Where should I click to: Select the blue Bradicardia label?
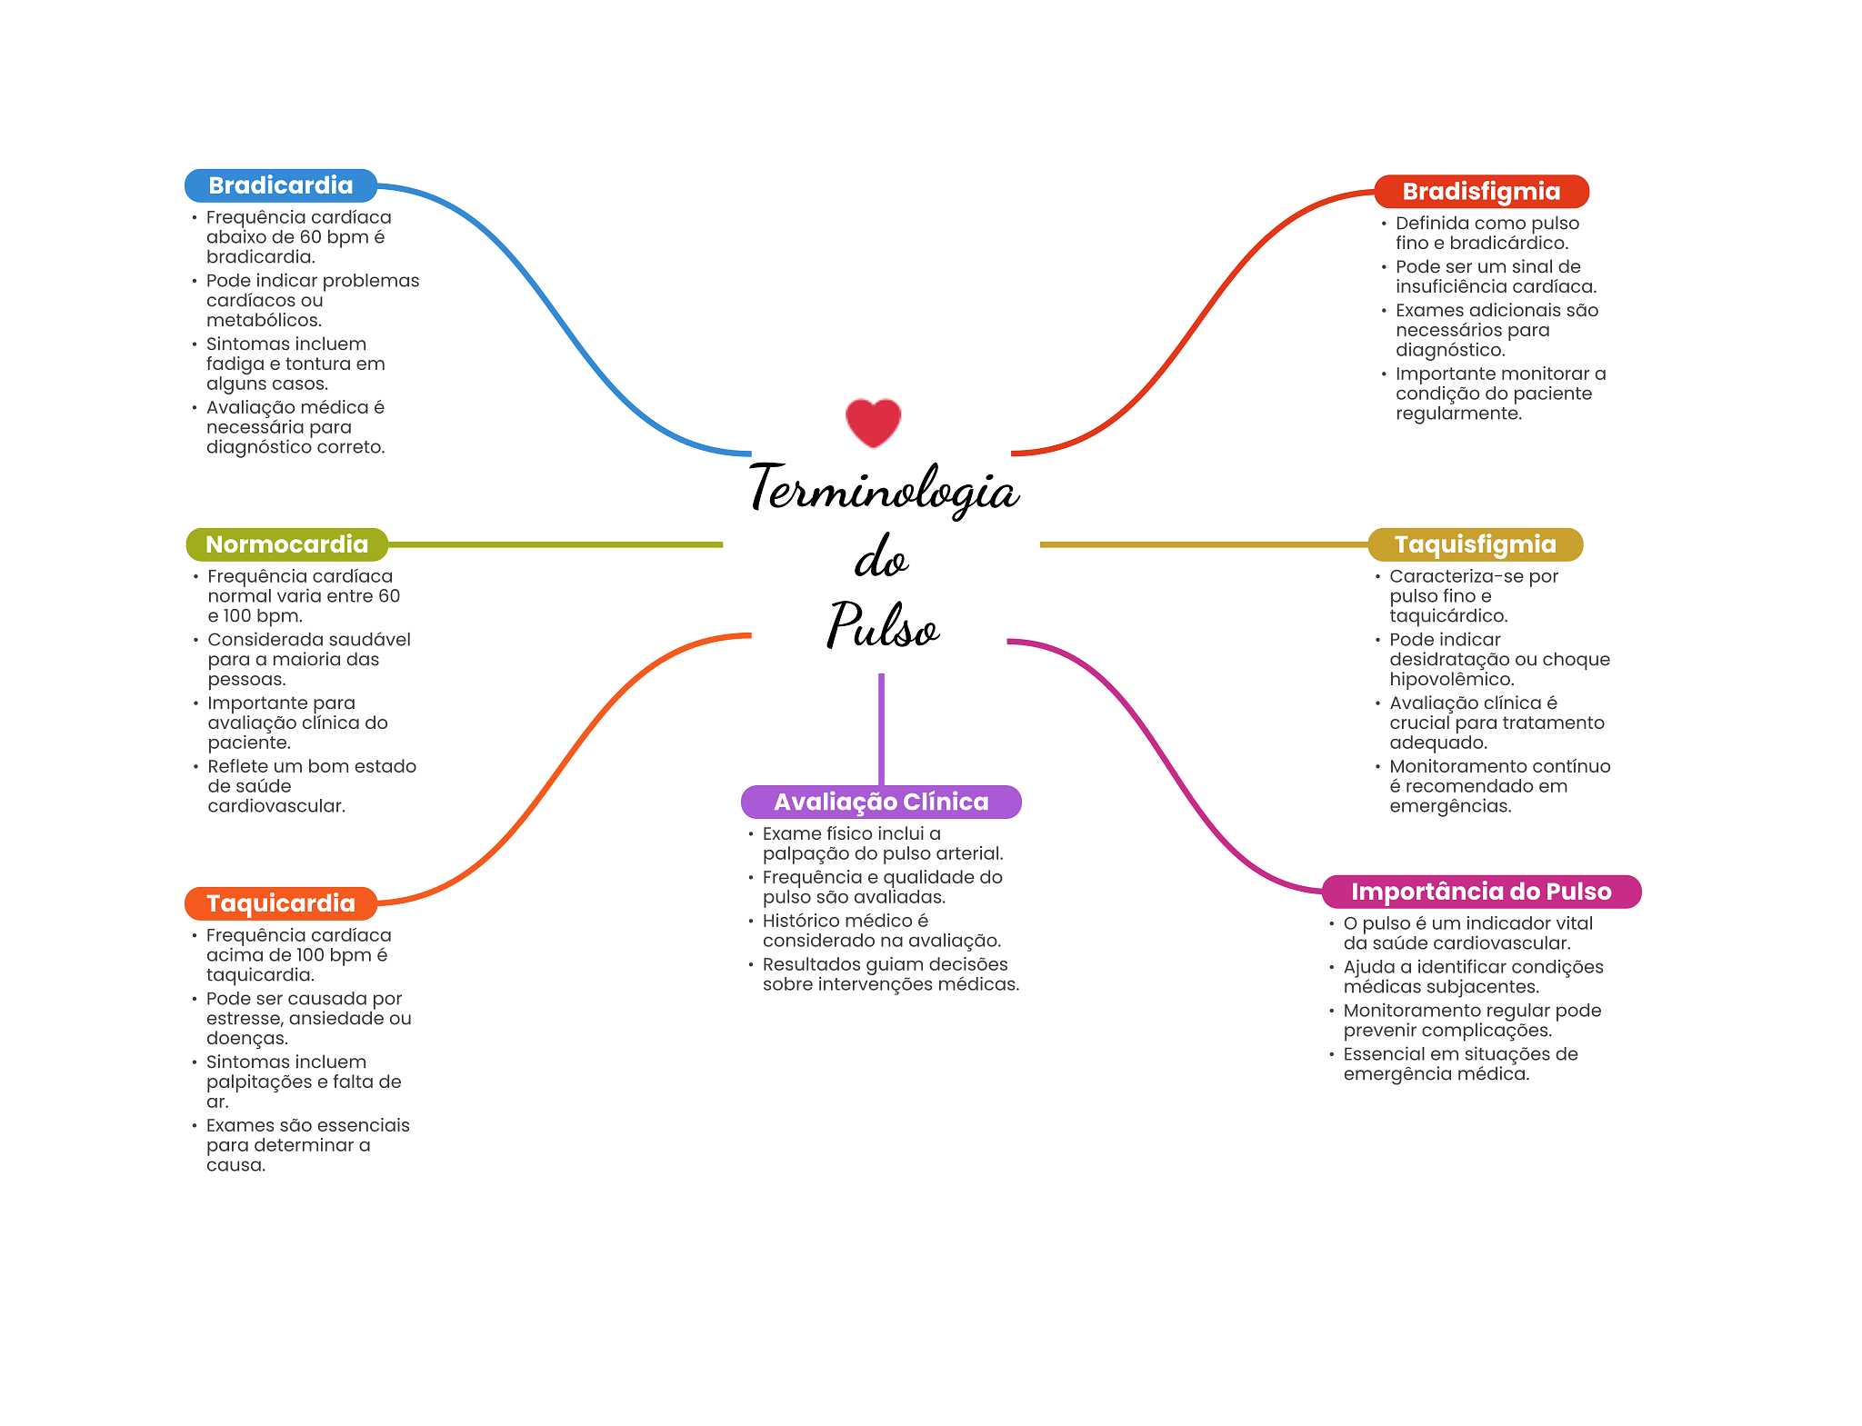pos(281,185)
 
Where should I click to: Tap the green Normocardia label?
pos(287,544)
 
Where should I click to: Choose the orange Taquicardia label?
pos(281,903)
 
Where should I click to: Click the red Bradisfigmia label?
pos(1481,191)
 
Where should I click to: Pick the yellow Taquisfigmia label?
pos(1476,544)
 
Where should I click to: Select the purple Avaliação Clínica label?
pos(881,802)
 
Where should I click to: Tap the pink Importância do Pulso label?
pos(1481,892)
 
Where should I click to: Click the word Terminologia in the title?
pos(884,488)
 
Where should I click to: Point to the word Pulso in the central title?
pos(882,624)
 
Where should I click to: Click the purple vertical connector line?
pos(881,729)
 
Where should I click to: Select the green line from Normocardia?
pos(556,544)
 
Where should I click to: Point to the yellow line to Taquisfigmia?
pos(1204,544)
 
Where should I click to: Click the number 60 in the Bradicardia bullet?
pos(312,237)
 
